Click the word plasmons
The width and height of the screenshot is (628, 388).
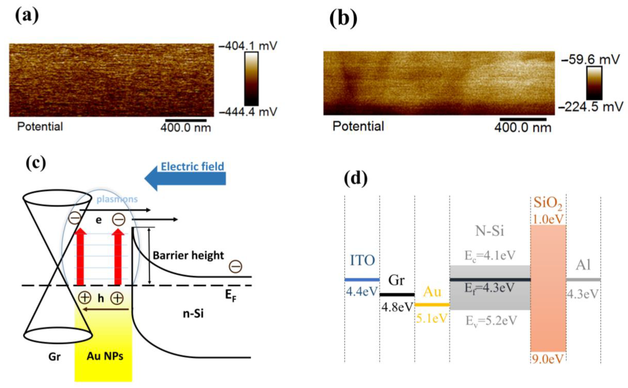coord(117,199)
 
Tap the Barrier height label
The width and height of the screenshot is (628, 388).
coord(188,255)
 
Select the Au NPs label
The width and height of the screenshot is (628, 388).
coord(105,356)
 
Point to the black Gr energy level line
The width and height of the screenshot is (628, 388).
coord(397,295)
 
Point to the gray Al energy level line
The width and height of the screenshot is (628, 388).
coord(583,280)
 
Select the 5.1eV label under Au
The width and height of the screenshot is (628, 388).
coord(432,318)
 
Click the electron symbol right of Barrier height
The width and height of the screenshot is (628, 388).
coord(235,267)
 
